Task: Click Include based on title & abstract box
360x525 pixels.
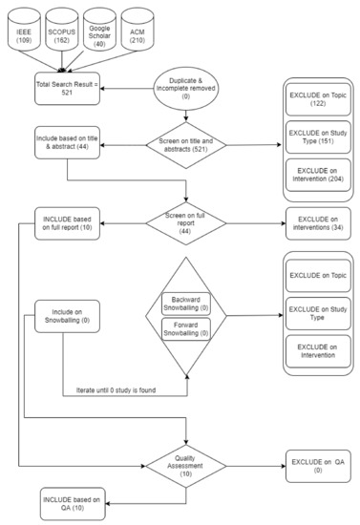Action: coord(66,140)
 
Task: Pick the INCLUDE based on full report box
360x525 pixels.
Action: coord(66,223)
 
